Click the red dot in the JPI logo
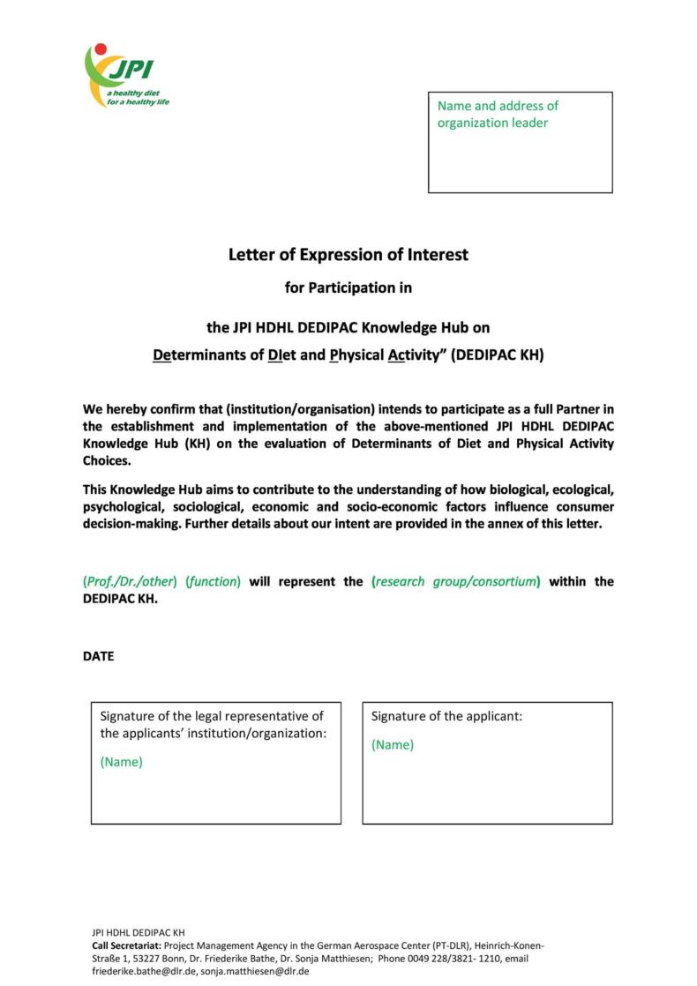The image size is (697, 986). point(100,49)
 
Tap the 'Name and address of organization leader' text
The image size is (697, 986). point(498,115)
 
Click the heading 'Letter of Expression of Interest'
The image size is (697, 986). point(348,255)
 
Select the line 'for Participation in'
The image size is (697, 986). point(348,288)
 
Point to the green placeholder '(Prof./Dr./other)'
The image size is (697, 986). point(131,582)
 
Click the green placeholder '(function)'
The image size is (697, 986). point(213,582)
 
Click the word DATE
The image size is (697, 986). point(98,656)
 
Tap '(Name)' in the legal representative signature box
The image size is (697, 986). point(121,762)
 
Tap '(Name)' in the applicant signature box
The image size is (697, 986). point(392,744)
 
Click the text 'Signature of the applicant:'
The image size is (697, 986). point(446,716)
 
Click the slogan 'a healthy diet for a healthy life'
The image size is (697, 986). point(139,98)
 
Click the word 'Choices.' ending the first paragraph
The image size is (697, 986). point(107,460)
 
